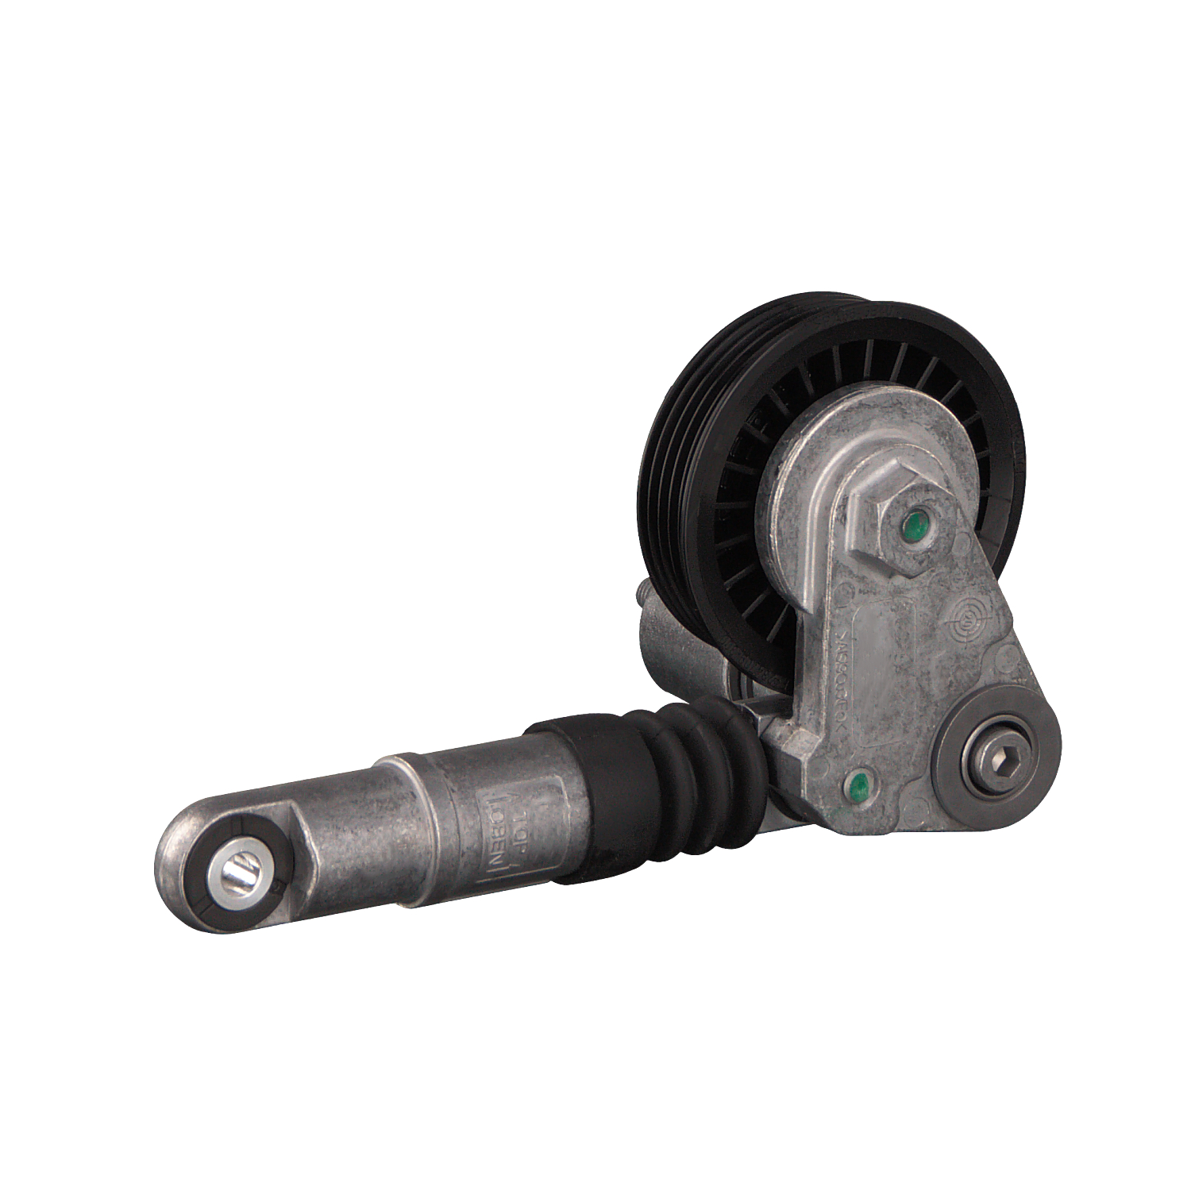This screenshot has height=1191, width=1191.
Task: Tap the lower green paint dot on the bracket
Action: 857,788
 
